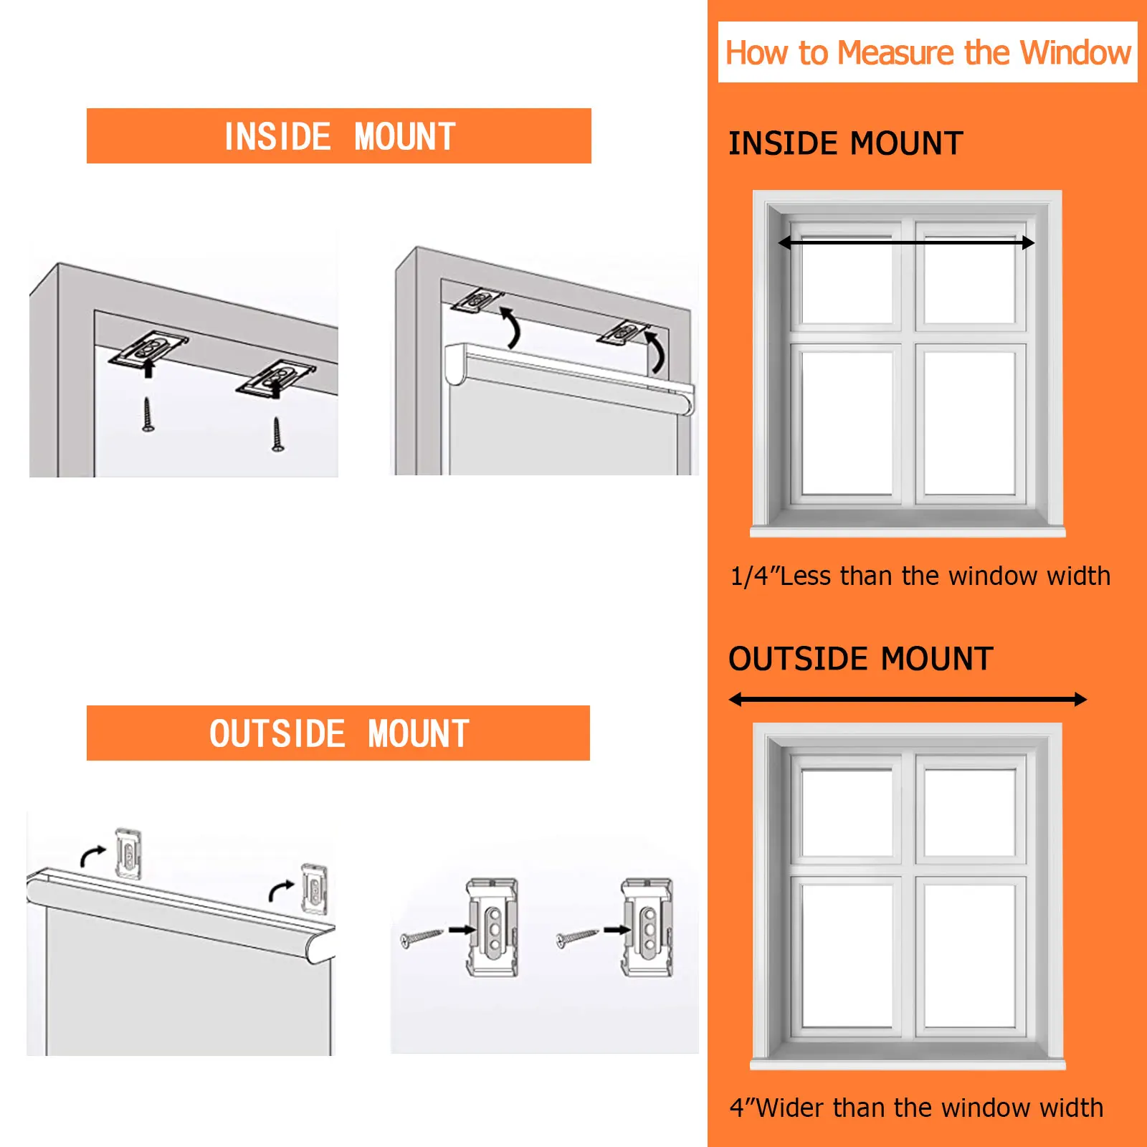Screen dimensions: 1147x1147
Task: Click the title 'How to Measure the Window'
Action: (x=928, y=52)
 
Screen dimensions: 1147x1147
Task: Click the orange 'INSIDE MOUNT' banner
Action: (x=339, y=136)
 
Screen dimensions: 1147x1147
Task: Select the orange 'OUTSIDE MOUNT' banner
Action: (x=338, y=733)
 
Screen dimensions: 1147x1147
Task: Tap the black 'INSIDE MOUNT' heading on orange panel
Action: (x=845, y=143)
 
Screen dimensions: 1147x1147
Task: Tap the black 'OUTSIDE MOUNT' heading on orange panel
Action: (x=860, y=659)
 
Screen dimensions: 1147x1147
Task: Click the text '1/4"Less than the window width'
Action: (x=920, y=576)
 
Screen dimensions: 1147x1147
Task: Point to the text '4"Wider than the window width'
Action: (x=916, y=1108)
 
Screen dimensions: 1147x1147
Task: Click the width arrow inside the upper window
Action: (x=906, y=243)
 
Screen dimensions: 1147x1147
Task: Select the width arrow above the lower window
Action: (x=908, y=700)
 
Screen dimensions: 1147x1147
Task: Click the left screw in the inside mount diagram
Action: (x=147, y=414)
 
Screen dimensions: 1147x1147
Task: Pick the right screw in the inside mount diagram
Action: (x=277, y=434)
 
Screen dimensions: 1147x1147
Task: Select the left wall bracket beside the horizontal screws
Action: (x=493, y=927)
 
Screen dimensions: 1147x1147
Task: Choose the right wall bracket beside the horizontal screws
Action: (x=647, y=927)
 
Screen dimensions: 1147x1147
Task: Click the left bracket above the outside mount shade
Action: (x=128, y=853)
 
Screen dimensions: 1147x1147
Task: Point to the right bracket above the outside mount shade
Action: (x=314, y=889)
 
